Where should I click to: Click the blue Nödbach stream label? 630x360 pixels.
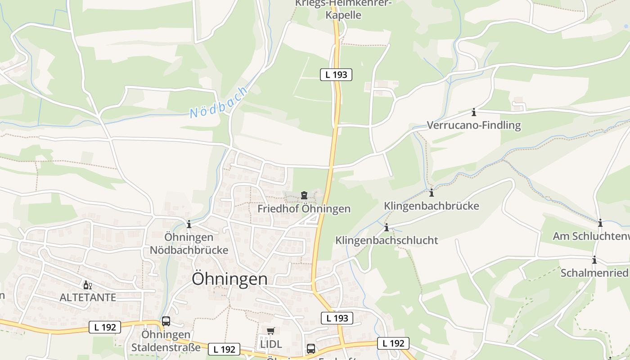coord(219,103)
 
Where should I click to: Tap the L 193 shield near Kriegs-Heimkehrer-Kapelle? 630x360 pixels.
coord(336,75)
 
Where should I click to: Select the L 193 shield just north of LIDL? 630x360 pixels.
coord(337,318)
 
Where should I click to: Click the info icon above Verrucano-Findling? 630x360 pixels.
coord(473,112)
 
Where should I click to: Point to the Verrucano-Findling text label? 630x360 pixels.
coord(473,125)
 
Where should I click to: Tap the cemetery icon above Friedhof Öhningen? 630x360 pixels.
coord(304,196)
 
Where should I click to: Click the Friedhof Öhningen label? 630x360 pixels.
coord(304,209)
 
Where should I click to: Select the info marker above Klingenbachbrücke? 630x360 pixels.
coord(432,193)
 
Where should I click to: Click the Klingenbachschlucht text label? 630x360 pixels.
coord(387,240)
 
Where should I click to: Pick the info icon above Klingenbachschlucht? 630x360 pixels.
coord(386,228)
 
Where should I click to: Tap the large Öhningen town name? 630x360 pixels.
coord(229,279)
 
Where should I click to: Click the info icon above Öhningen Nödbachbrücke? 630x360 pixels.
coord(189,224)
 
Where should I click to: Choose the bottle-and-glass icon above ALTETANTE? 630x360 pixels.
coord(87,285)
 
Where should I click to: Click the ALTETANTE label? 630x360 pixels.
coord(88,297)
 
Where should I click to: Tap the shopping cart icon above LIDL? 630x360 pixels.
coord(270,331)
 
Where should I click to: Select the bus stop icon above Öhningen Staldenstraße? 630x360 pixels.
coord(166,321)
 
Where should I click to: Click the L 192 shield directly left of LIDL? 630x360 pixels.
coord(224,349)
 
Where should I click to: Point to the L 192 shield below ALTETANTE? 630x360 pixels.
coord(105,327)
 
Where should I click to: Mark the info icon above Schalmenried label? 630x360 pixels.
coord(594,260)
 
